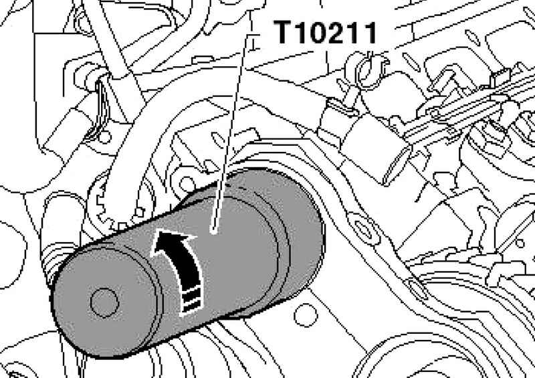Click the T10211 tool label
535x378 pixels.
326,32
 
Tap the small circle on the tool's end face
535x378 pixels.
104,302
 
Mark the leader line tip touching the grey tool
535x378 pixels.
214,232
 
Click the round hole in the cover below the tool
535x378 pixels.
306,315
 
